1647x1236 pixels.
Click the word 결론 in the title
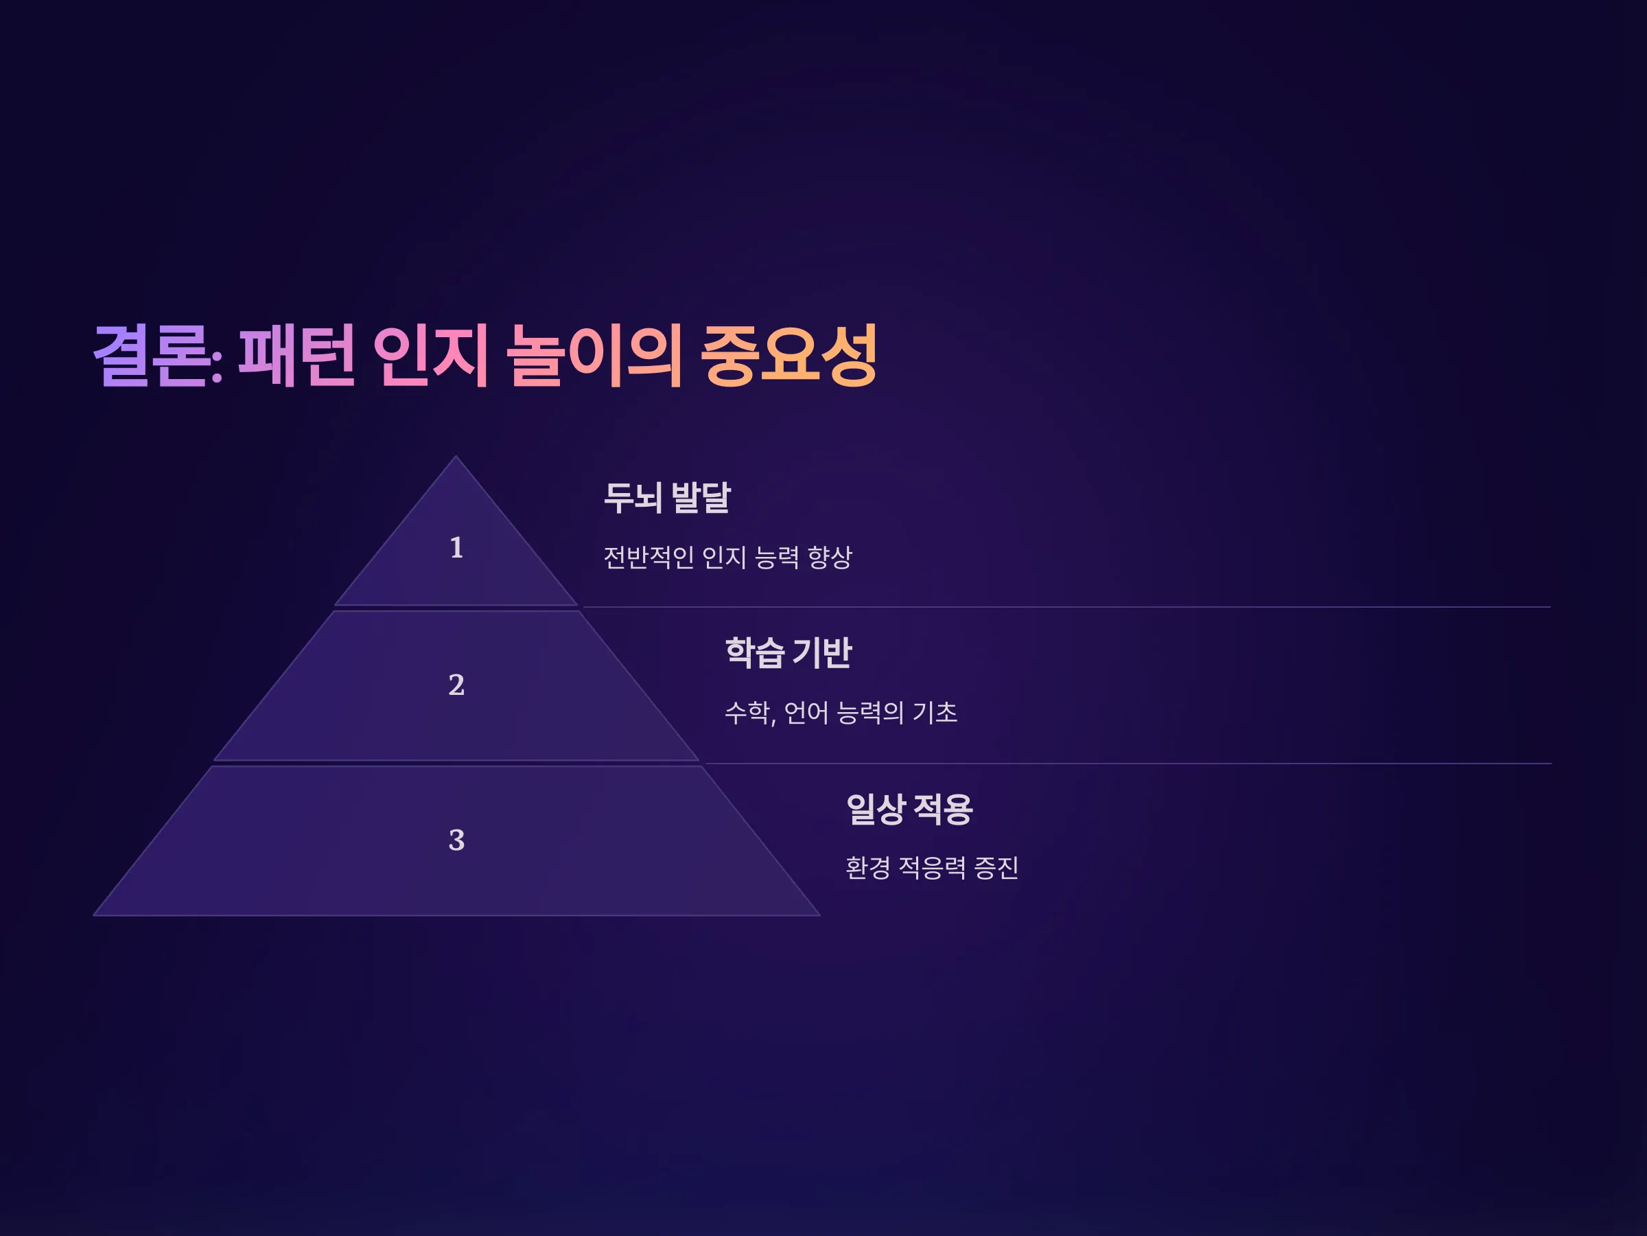click(x=152, y=356)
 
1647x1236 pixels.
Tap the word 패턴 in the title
click(x=296, y=356)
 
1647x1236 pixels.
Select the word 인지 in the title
click(x=430, y=356)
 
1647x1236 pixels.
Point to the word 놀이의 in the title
click(x=594, y=356)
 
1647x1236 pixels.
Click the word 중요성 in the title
click(x=789, y=356)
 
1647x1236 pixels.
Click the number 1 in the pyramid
click(x=456, y=547)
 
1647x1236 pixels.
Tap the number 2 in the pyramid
click(x=456, y=685)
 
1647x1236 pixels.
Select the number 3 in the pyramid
click(x=456, y=840)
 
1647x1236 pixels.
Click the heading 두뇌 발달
click(x=667, y=498)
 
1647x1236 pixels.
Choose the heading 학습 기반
click(x=789, y=652)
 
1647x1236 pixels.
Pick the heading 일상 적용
click(x=909, y=809)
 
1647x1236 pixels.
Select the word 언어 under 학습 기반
click(x=806, y=713)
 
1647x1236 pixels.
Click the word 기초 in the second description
click(x=935, y=713)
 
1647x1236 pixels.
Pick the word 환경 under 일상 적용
click(x=868, y=868)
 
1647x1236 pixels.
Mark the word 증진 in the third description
click(x=996, y=868)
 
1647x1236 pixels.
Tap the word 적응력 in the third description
click(x=932, y=868)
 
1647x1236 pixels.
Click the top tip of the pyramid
click(x=456, y=456)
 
